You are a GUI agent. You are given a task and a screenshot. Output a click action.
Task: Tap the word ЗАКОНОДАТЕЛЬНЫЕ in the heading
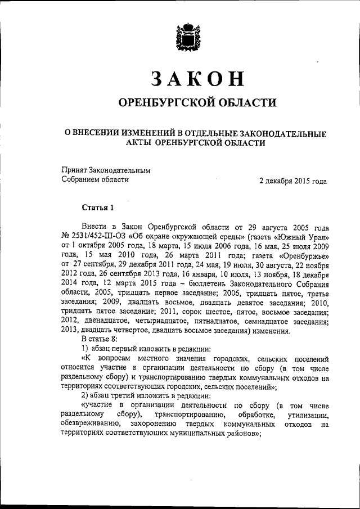point(280,133)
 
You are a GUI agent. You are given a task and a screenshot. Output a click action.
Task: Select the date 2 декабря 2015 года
point(292,181)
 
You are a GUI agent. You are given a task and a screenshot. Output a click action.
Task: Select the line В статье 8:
point(98,339)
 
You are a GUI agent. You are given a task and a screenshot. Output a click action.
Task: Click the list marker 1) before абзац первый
point(85,348)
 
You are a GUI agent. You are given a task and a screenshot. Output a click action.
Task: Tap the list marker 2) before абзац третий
point(85,395)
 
